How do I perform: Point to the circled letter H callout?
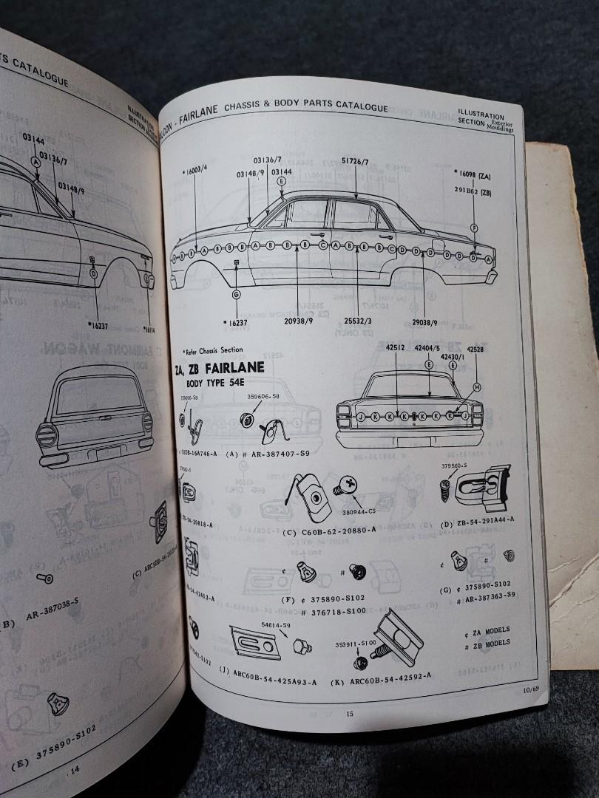pyautogui.click(x=477, y=387)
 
